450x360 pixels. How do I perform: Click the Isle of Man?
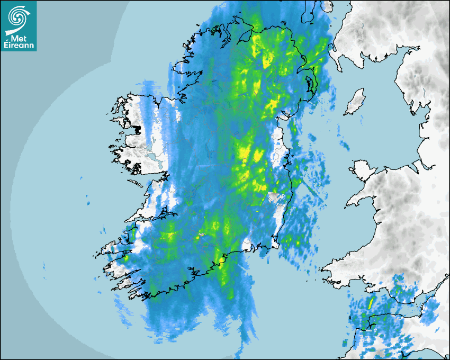(x=355, y=102)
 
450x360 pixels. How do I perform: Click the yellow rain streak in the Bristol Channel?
(x=371, y=302)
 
